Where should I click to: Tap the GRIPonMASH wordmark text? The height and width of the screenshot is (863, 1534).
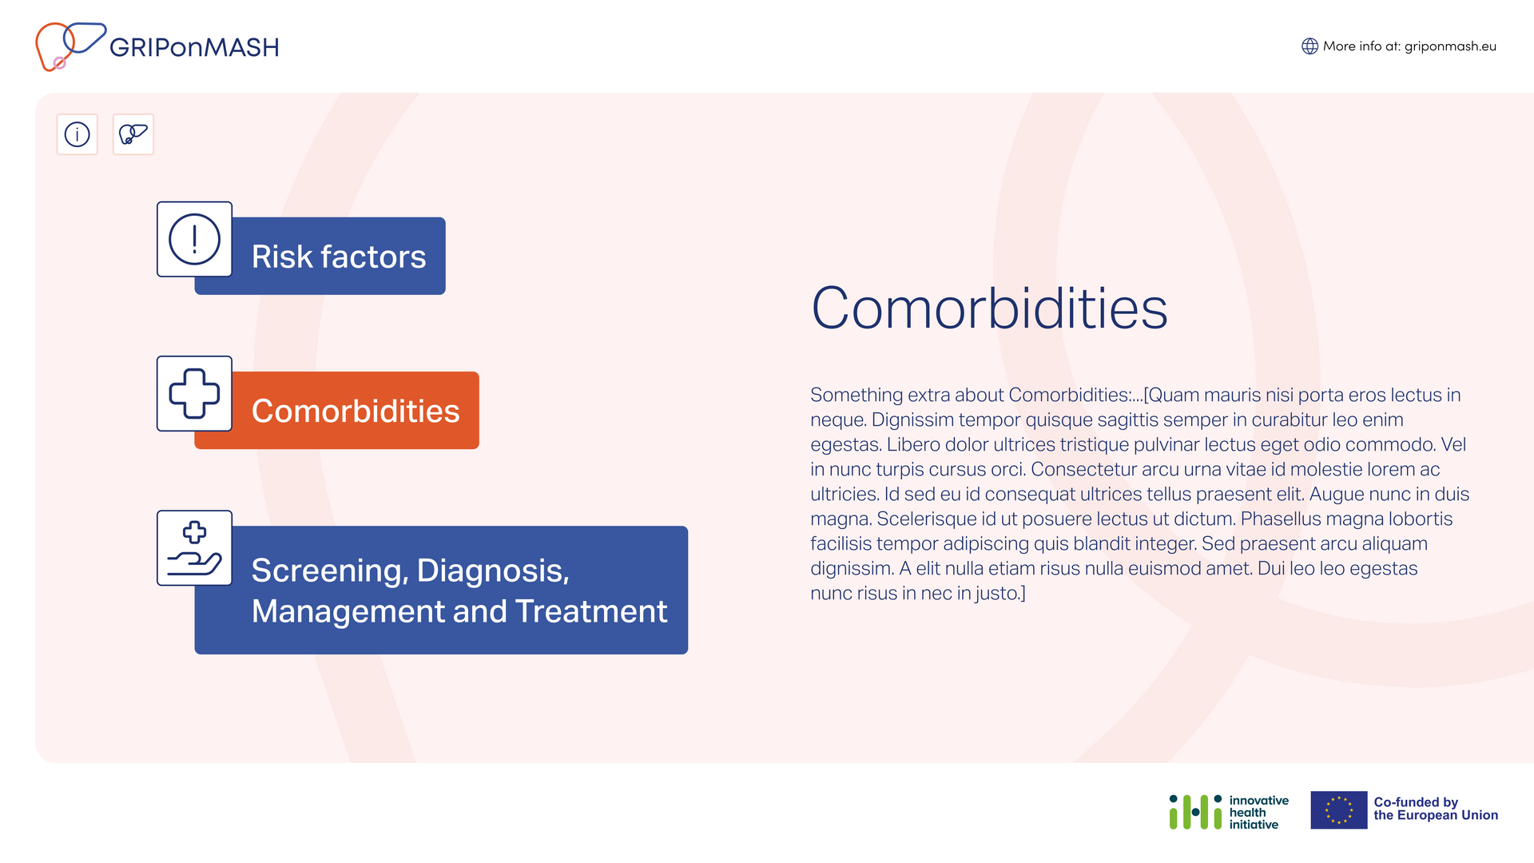click(194, 48)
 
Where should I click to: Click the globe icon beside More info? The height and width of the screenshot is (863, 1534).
click(1309, 46)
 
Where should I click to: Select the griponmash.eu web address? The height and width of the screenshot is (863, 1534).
click(1450, 46)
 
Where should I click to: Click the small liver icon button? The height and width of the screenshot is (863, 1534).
click(133, 134)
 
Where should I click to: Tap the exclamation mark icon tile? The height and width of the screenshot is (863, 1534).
click(194, 239)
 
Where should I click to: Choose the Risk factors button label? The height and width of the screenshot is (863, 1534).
click(339, 257)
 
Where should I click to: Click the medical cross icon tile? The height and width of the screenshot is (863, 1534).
click(194, 393)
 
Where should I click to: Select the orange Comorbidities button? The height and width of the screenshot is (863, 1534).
click(336, 410)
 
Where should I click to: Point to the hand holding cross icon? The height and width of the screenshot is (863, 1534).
click(194, 548)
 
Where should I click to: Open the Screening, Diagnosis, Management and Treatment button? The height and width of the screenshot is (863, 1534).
click(441, 590)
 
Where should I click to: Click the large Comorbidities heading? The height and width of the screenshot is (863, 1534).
click(989, 308)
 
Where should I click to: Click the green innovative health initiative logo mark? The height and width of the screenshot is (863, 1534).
click(1195, 812)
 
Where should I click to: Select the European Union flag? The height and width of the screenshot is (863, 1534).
click(1339, 810)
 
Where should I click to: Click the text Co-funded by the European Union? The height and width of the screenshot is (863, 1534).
click(1436, 809)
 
